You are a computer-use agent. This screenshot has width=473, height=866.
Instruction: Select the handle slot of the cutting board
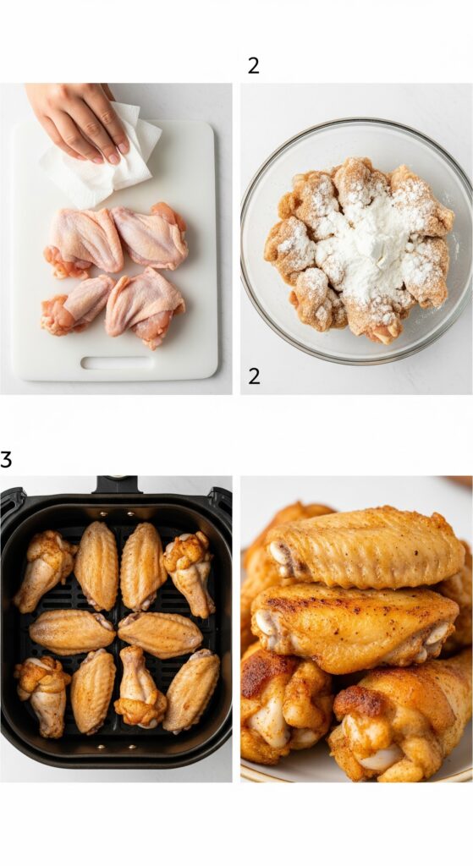[117, 363]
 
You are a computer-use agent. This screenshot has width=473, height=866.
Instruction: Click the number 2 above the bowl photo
[254, 66]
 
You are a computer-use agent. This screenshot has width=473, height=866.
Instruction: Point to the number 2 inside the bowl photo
[254, 376]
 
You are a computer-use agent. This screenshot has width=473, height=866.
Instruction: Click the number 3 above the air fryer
[6, 459]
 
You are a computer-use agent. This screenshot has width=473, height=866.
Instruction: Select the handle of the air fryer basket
[116, 485]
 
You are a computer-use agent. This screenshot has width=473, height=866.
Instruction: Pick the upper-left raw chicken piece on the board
[83, 243]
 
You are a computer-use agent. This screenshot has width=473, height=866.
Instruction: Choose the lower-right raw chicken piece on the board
[146, 306]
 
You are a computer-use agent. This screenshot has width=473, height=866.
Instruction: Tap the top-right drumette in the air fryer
[190, 573]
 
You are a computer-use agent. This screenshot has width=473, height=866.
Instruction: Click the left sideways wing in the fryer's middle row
[72, 632]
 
